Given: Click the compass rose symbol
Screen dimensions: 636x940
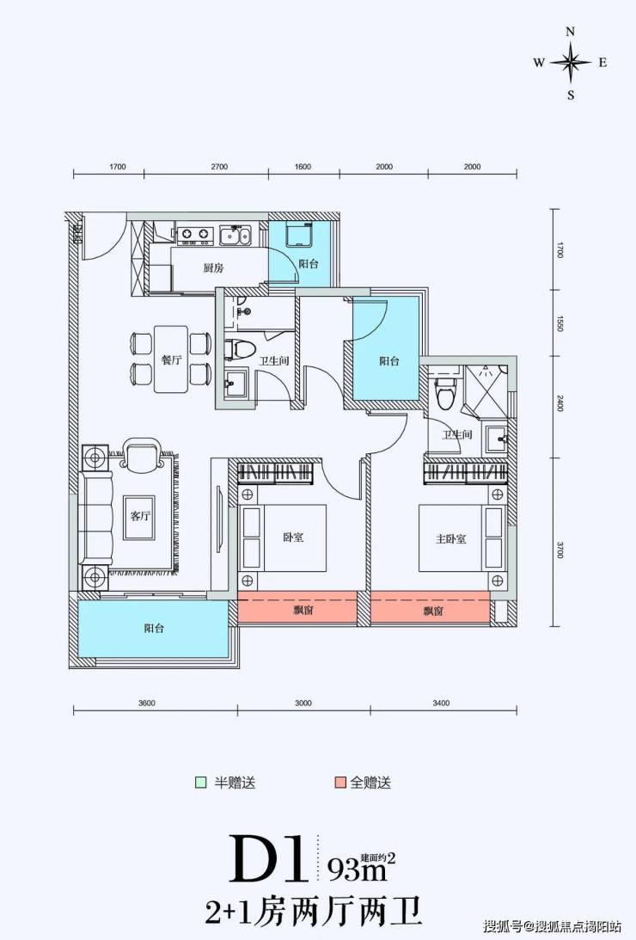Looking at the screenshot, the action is point(571,62).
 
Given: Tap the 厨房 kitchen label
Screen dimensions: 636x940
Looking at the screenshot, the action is point(214,268).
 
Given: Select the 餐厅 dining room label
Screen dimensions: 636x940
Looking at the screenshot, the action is point(171,360).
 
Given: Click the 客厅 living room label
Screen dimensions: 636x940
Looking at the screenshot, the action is point(140,515).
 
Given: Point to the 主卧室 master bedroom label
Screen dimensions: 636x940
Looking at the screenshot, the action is point(451,538).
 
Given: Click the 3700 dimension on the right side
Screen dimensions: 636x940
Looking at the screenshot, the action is point(560,550).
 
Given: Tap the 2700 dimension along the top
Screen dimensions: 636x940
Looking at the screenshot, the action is point(219,167).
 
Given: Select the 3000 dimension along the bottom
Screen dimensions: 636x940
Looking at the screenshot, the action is point(303,703).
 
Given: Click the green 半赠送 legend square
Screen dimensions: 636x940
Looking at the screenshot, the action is point(200,783).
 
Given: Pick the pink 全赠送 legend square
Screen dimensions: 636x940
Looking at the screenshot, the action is point(340,783).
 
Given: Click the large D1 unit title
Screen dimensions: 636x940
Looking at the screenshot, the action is point(267,859).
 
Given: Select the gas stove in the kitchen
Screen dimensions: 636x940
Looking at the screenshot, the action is point(195,235).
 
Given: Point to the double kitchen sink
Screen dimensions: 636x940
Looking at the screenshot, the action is point(235,235).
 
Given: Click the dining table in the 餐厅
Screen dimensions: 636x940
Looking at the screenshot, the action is point(171,359).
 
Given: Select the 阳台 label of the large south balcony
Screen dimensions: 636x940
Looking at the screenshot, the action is point(154,629).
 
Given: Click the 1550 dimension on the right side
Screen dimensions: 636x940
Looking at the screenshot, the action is point(560,323).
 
